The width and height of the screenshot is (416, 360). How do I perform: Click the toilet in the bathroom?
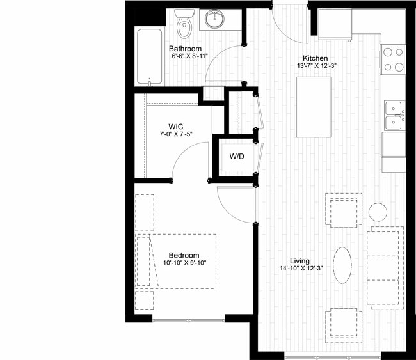tap(184, 24)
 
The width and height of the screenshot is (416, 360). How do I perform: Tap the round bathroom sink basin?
tap(214, 19)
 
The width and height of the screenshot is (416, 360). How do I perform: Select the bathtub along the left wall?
tap(150, 58)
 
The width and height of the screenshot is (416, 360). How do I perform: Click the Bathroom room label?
tap(185, 49)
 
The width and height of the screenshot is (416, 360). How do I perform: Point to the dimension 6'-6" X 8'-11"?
tap(189, 56)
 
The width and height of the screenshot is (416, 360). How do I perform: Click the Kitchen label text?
tap(315, 58)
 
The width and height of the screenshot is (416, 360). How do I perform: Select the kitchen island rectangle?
tap(314, 107)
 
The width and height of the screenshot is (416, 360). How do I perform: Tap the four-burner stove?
tap(394, 59)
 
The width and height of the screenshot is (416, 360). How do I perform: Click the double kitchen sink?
tap(394, 116)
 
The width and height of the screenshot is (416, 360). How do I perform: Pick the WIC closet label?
tap(175, 127)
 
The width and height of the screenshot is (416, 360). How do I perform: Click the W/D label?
tap(237, 157)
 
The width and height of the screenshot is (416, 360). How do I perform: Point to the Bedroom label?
tap(184, 255)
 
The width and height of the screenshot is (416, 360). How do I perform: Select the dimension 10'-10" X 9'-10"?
tap(185, 263)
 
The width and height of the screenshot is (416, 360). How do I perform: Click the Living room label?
tap(300, 261)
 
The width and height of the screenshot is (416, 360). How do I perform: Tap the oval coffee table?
tap(342, 265)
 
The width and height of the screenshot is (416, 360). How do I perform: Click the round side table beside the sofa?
tap(378, 212)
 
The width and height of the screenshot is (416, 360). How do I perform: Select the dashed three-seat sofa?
tap(385, 268)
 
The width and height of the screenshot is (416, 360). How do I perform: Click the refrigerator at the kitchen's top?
tap(335, 24)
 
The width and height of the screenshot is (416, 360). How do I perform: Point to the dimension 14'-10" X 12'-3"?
tap(301, 269)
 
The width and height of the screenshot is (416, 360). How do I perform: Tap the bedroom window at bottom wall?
tap(189, 320)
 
